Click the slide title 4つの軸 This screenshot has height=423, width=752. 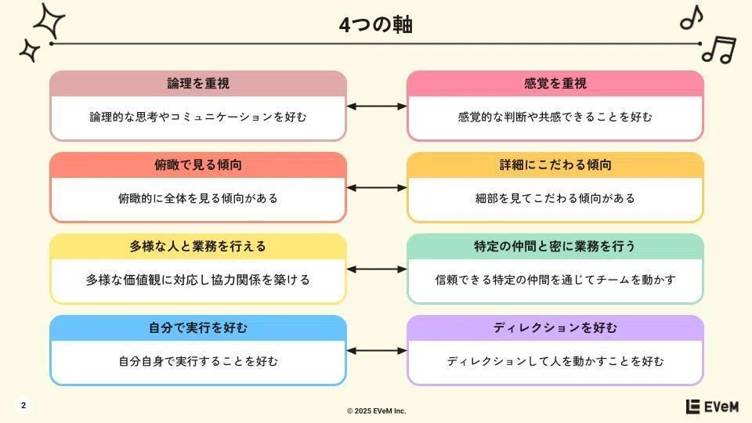point(376,25)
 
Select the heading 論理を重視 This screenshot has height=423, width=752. point(198,83)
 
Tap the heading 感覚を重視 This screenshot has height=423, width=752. point(555,83)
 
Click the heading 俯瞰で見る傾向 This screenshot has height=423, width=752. point(198,164)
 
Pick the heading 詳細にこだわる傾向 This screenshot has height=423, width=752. point(555,164)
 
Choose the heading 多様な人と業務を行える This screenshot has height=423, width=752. point(198,246)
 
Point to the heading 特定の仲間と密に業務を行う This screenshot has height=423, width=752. point(555,246)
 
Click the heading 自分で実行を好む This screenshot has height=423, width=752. point(198,327)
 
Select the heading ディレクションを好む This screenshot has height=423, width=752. point(555,327)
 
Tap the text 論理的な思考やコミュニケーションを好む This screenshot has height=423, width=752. point(198,117)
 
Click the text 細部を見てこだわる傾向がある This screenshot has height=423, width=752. point(555,198)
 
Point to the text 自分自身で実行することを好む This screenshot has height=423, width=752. point(198,361)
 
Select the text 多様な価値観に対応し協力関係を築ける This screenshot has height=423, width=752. point(198,280)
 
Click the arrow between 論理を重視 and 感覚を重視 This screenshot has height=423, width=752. point(377,107)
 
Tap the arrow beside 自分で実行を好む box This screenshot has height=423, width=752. point(377,351)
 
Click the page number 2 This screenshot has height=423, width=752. point(23,406)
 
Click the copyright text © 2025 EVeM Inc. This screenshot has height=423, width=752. point(377,410)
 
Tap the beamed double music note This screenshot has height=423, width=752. point(718,49)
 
